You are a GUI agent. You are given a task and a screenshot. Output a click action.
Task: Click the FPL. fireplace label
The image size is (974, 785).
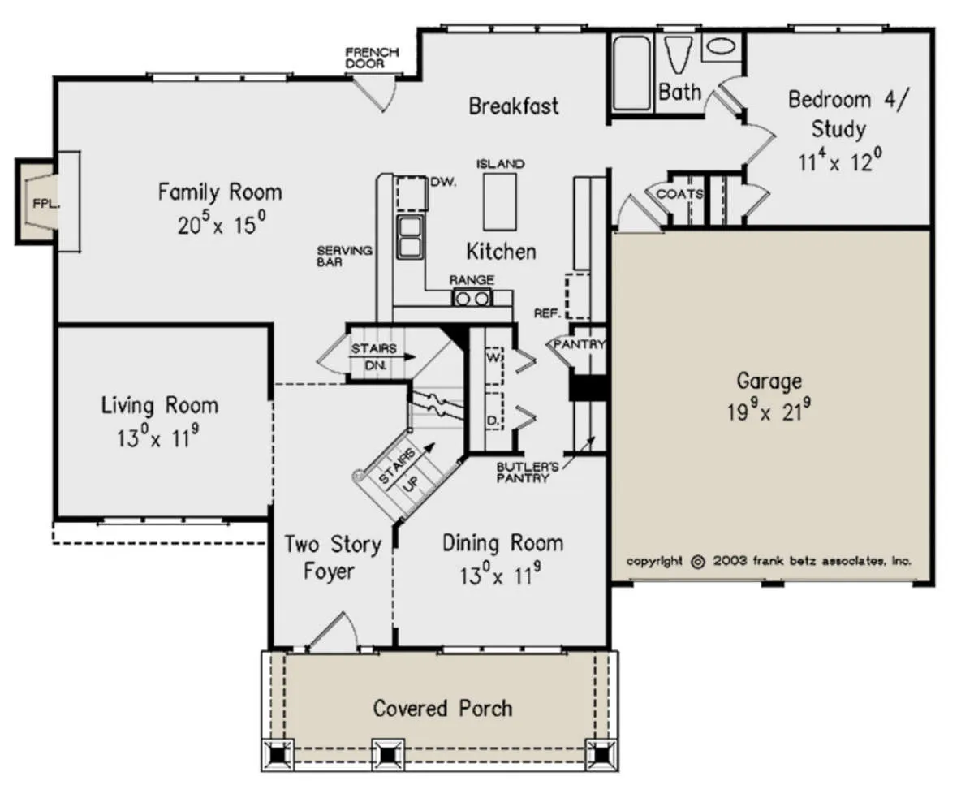46,204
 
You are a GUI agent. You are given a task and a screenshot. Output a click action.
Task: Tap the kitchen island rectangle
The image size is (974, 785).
500,202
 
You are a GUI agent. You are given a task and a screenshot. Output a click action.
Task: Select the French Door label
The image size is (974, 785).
372,58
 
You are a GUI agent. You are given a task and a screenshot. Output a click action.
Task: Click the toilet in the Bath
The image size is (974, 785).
679,54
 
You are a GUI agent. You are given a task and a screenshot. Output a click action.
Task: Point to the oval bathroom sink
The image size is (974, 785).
722,46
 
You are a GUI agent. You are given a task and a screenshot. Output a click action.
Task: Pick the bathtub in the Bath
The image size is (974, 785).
631,73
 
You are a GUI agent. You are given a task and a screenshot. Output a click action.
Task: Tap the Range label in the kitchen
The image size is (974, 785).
472,280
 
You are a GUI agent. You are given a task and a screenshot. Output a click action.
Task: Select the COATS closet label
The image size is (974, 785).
680,194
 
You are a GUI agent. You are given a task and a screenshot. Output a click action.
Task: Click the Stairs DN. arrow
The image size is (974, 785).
381,357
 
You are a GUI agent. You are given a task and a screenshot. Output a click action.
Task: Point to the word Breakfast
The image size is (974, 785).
513,106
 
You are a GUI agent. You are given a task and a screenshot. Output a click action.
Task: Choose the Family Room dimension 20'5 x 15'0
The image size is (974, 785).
222,224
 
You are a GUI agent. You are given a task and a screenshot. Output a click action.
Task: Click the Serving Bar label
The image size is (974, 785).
344,257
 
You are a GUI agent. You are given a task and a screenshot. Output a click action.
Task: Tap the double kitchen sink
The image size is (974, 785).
410,237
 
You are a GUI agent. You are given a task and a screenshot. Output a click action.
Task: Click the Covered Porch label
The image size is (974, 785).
442,709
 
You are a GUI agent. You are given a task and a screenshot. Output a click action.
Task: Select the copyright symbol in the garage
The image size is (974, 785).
697,563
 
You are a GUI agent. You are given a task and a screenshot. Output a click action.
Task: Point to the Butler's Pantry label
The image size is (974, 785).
528,472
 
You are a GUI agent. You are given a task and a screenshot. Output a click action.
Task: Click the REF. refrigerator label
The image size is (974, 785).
548,313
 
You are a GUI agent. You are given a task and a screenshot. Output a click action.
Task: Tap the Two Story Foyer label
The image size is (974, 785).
333,558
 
